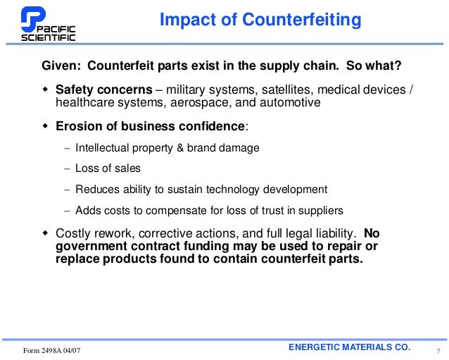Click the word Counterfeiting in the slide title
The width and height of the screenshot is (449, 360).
(x=302, y=20)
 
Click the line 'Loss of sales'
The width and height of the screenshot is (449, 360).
(x=108, y=168)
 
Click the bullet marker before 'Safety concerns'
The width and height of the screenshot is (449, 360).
(x=44, y=90)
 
